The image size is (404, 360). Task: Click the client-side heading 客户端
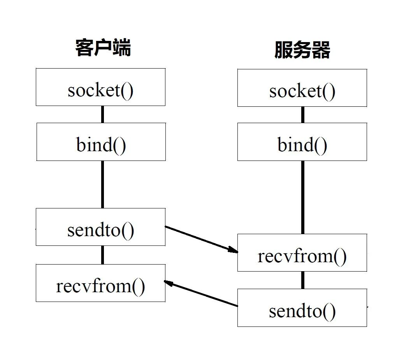pos(103,48)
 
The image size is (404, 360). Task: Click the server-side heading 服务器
pos(302,50)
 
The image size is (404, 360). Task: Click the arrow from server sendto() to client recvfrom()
pos(201,293)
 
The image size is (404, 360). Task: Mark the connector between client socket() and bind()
pos(102,114)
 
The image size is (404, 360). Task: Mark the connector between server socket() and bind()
pos(303,115)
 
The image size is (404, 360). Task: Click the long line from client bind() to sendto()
pos(102,184)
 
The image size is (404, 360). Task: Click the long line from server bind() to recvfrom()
pos(303,197)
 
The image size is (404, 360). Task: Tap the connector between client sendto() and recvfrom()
pos(102,255)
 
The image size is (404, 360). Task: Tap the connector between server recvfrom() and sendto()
pos(303,280)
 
